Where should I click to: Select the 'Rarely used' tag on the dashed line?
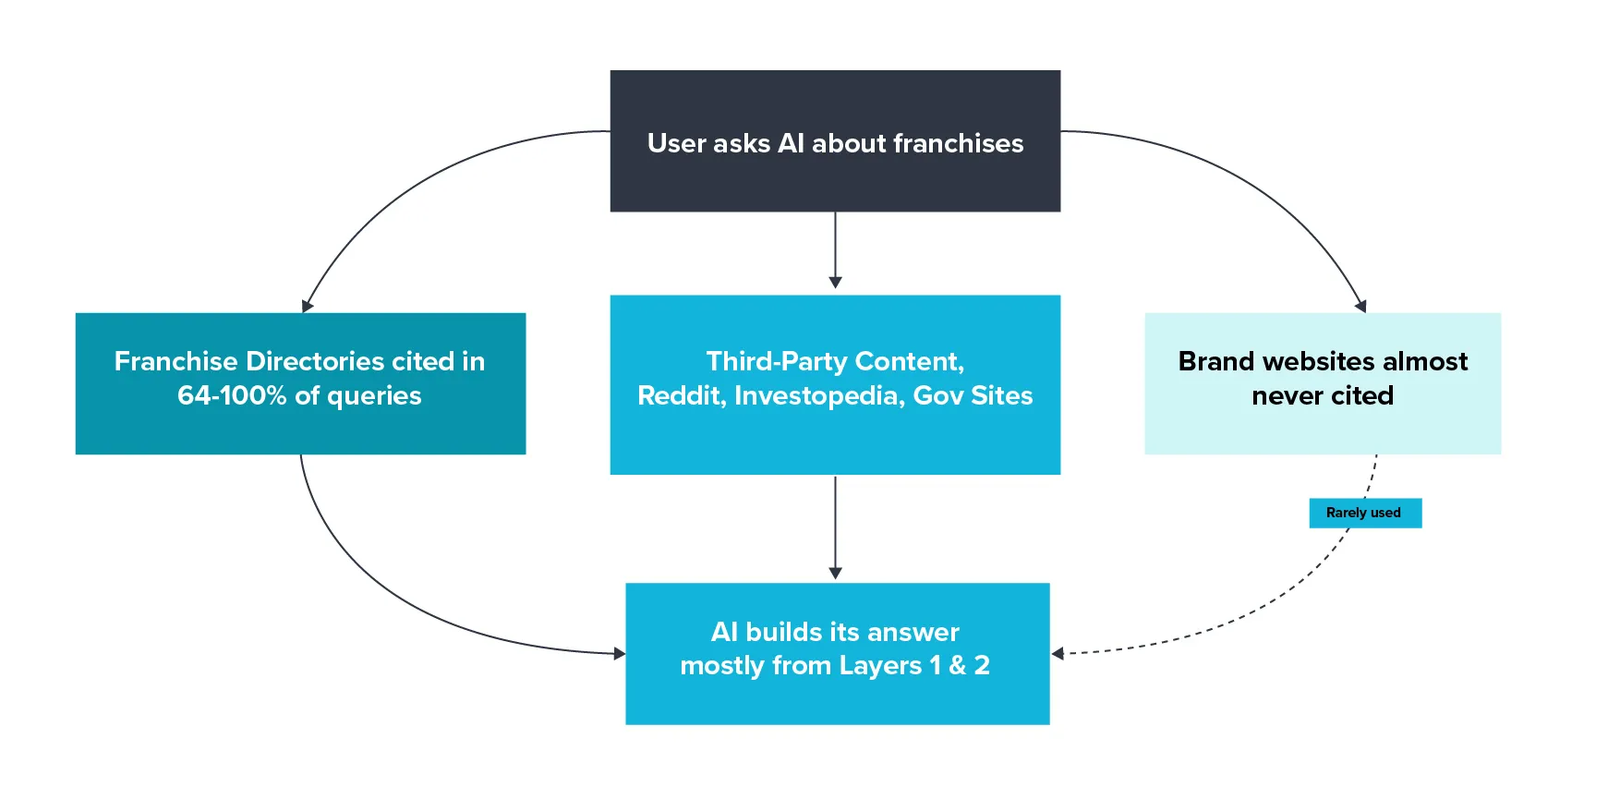pos(1364,513)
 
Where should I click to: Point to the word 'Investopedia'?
pos(818,395)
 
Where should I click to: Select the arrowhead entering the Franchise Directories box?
pos(307,306)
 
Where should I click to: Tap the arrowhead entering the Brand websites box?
pos(1360,306)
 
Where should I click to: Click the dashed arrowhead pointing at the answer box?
pos(1058,654)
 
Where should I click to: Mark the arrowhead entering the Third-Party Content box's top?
pos(835,283)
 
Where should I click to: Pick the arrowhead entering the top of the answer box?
pos(835,574)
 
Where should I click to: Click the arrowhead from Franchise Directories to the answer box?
pos(619,654)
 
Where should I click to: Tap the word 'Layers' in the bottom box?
pos(880,665)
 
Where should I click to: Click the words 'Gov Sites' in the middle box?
pos(973,395)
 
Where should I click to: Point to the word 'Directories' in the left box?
pos(315,361)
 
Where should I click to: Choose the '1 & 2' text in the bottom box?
pos(960,665)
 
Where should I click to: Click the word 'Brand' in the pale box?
pos(1216,361)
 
